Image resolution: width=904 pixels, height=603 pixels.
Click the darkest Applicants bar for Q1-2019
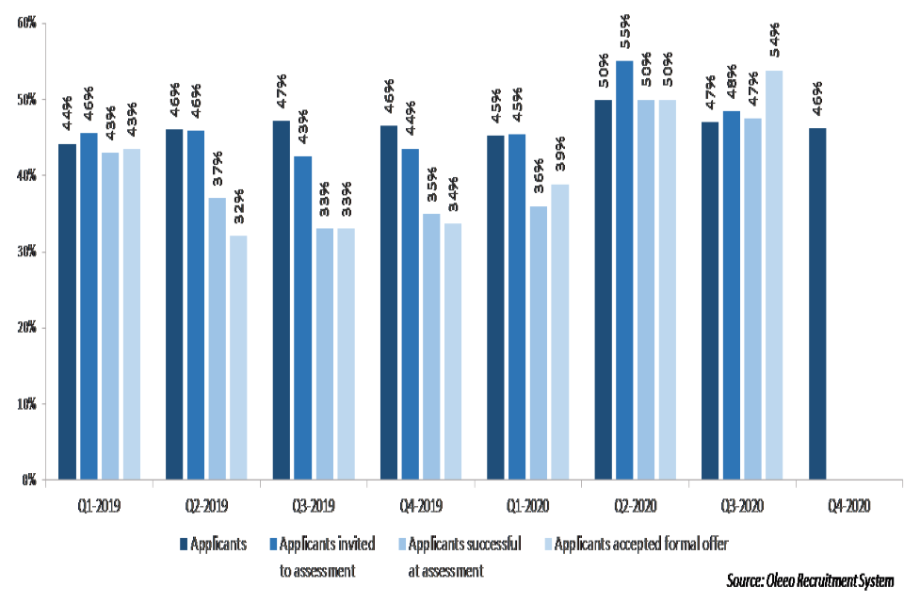67,312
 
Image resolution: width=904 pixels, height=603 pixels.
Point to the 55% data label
623,34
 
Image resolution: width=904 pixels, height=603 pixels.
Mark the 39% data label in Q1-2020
560,156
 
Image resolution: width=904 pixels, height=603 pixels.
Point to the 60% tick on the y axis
26,23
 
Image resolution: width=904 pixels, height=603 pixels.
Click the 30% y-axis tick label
26,252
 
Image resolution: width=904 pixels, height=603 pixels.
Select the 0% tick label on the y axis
29,481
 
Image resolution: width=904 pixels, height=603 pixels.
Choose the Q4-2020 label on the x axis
849,506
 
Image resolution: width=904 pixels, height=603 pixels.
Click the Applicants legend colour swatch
184,543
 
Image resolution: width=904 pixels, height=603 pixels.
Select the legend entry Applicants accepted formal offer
640,543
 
